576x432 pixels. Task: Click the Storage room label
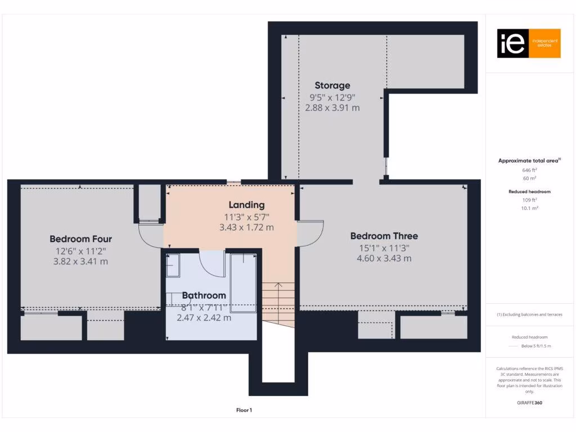click(332, 85)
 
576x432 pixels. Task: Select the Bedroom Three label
click(384, 236)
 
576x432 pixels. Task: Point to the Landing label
click(246, 205)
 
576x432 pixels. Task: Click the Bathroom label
click(204, 295)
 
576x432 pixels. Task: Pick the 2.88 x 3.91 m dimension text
click(332, 107)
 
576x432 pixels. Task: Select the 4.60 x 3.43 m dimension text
click(384, 258)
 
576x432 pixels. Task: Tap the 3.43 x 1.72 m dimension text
click(246, 227)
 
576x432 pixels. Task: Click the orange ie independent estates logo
click(528, 43)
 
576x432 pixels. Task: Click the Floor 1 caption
click(244, 410)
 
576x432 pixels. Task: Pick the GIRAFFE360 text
click(529, 403)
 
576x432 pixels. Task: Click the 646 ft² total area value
click(529, 169)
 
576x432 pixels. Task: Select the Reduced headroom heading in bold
click(529, 192)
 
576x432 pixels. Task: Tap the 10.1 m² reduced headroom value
click(529, 208)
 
